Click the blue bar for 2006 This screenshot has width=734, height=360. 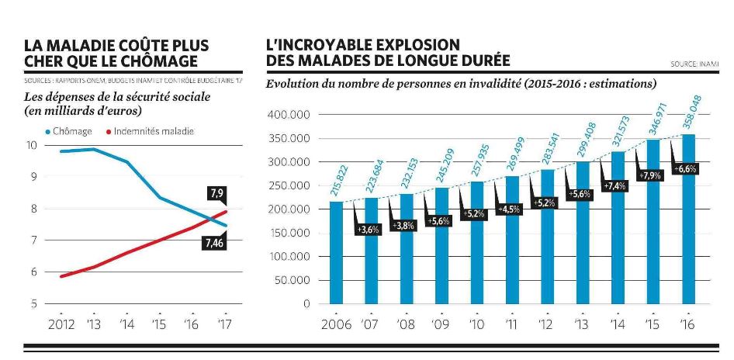coord(337,252)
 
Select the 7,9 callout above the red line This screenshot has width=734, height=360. coord(216,192)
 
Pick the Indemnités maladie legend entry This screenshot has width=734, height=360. coord(149,131)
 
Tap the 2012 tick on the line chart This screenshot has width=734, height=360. coord(61,324)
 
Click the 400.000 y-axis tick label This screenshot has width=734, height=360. coord(289,115)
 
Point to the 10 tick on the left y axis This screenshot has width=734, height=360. coord(30,145)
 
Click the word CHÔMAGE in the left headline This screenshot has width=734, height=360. coord(158,61)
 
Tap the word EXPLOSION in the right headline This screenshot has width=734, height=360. coord(416,44)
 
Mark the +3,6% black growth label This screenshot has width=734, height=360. coord(369,230)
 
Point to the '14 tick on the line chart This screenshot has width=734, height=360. coord(126,324)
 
